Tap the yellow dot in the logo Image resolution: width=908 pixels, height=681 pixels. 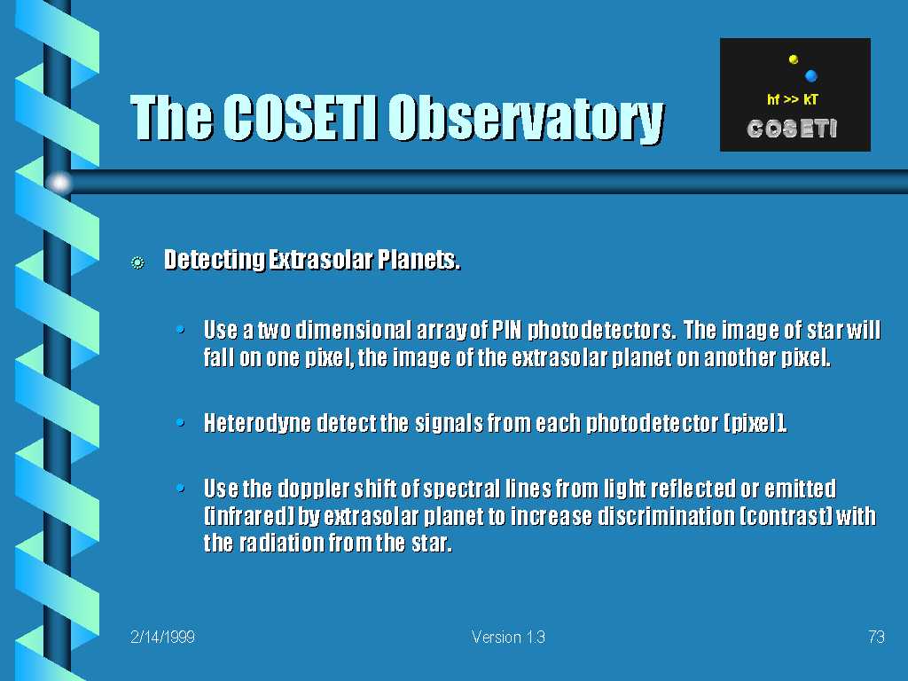[794, 59]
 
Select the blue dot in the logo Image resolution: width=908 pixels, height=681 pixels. [810, 75]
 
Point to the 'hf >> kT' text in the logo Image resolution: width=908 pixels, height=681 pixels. [792, 99]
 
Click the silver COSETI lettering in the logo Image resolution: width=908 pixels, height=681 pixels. [792, 129]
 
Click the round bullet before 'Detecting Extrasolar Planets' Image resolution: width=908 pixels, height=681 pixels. [137, 262]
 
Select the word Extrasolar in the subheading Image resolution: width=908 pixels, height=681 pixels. [321, 260]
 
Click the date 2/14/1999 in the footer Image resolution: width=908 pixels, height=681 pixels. [163, 637]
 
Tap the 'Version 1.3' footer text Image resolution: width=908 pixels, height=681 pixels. [508, 637]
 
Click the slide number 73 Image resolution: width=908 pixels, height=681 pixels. [876, 637]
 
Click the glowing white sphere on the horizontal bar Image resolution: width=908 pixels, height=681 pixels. [59, 183]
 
